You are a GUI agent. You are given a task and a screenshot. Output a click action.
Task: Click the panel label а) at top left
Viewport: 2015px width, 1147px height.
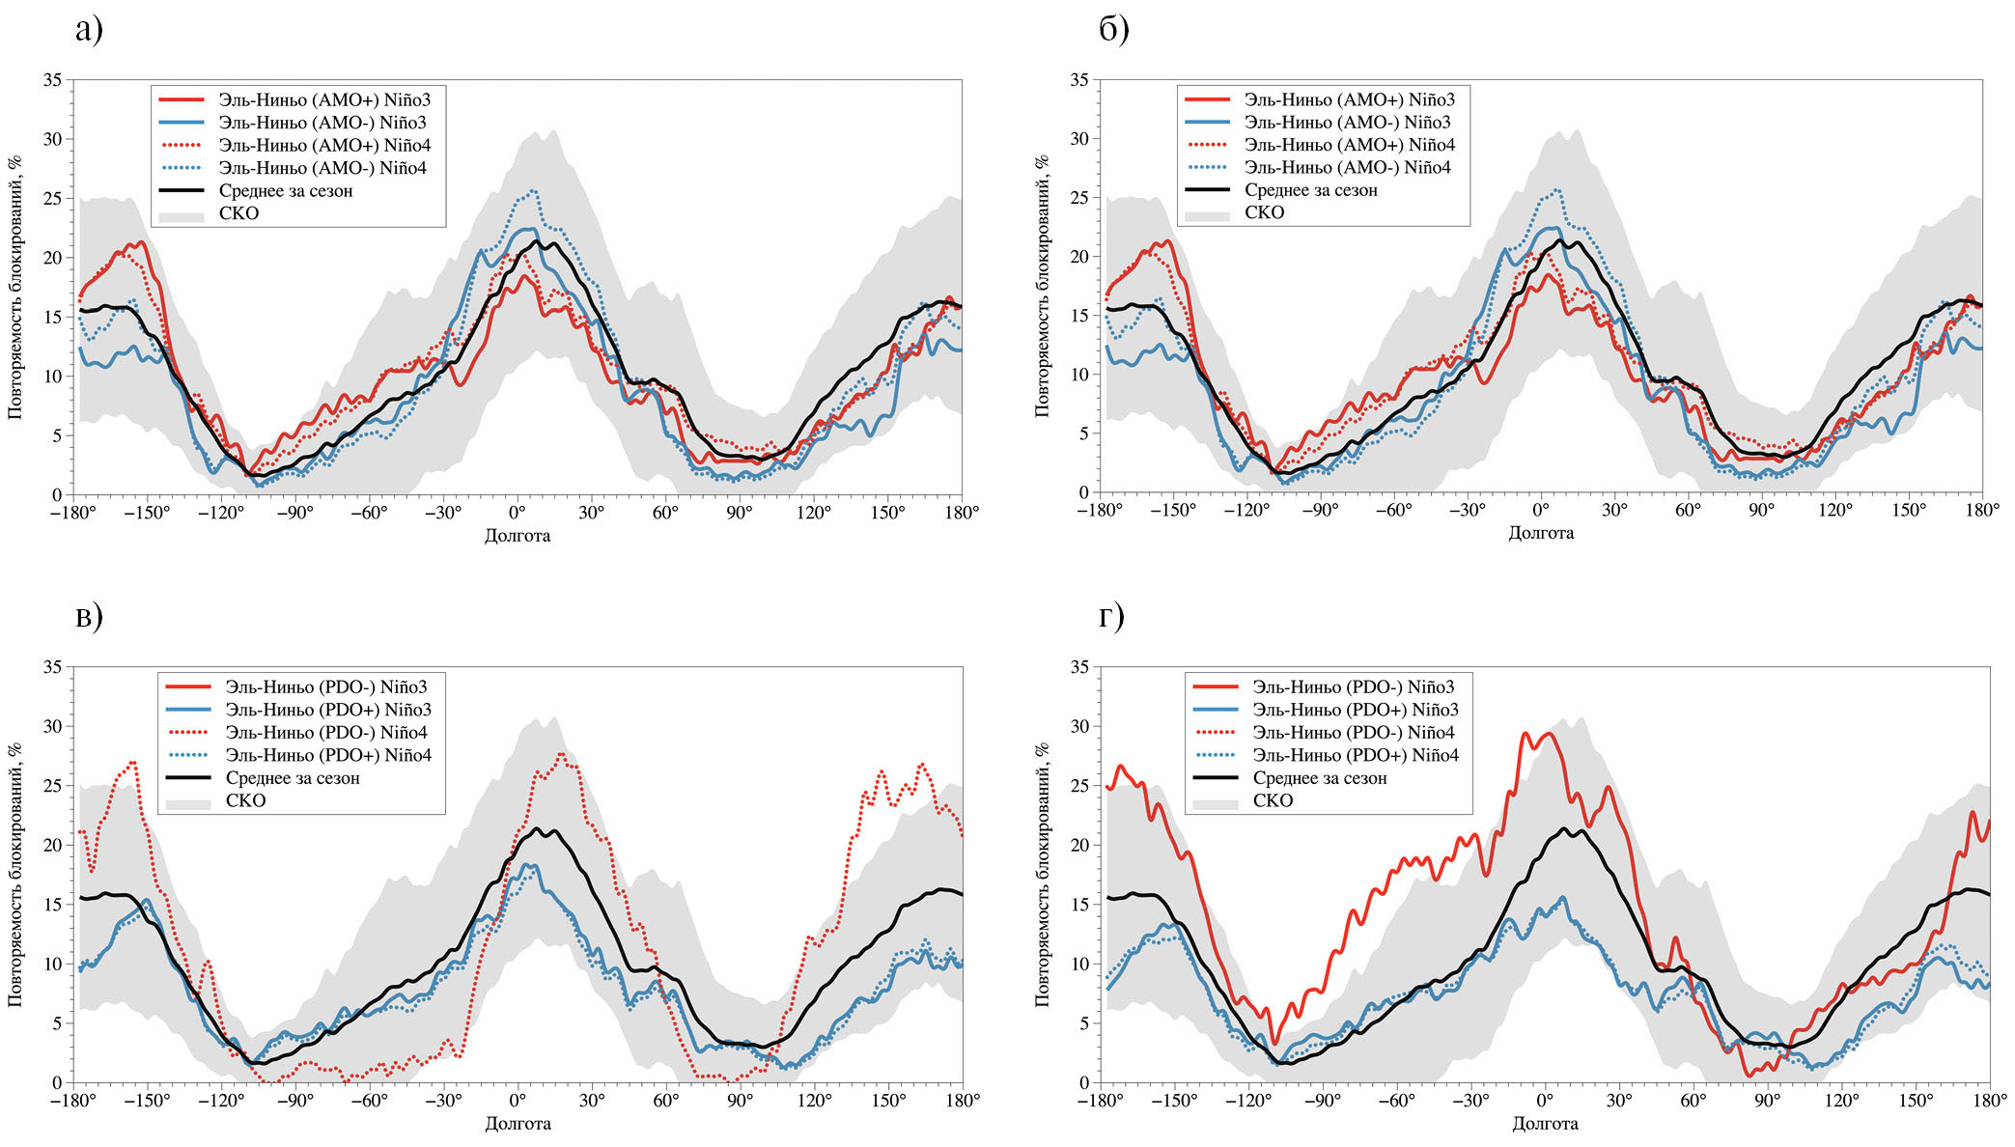tap(88, 29)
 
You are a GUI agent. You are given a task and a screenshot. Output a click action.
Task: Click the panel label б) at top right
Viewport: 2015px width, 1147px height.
tap(1113, 29)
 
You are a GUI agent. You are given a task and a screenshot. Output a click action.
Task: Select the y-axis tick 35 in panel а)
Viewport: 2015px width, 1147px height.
tap(52, 79)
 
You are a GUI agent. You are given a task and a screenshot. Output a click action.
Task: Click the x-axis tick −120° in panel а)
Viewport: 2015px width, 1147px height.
tap(221, 512)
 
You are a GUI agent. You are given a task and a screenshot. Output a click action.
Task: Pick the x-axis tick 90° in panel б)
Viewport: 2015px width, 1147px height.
tap(1761, 510)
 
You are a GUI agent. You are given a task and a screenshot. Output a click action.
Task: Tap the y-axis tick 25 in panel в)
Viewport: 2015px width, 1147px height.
tap(52, 786)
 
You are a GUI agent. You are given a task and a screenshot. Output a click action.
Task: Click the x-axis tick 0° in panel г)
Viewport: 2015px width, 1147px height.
tap(1545, 1100)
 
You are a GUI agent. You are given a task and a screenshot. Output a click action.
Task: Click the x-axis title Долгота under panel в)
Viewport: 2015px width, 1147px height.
tap(518, 1123)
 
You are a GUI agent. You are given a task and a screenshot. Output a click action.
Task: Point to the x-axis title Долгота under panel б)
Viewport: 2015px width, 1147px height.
tap(1541, 532)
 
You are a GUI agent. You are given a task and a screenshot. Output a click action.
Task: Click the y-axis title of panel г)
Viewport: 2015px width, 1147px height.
tap(1042, 874)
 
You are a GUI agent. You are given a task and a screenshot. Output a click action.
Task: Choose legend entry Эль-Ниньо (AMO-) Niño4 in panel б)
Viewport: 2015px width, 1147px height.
tap(1347, 167)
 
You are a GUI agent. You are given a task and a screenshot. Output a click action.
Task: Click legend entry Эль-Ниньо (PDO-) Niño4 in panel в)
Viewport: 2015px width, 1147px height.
tap(326, 732)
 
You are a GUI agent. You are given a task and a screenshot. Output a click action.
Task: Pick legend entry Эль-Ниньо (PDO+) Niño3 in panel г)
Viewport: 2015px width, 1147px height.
tap(1356, 710)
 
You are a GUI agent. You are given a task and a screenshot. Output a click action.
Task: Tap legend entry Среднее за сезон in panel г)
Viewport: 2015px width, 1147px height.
tap(1319, 778)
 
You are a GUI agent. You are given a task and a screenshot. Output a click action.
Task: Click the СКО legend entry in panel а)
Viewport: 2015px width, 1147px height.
tap(238, 213)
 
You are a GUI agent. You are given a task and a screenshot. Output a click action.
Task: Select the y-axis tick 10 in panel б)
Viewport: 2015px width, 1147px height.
tap(1078, 375)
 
